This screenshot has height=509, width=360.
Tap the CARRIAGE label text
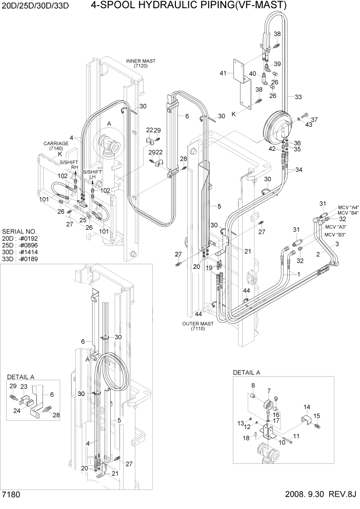[x=56, y=144]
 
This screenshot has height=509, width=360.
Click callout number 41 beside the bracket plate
[x=223, y=73]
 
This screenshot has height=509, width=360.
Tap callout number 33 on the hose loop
[x=298, y=96]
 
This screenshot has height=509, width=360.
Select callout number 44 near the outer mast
[x=199, y=313]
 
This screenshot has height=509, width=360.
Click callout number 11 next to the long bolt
[x=295, y=436]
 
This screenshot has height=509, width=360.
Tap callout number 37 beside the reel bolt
[x=314, y=120]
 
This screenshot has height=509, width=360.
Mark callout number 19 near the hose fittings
[x=209, y=267]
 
